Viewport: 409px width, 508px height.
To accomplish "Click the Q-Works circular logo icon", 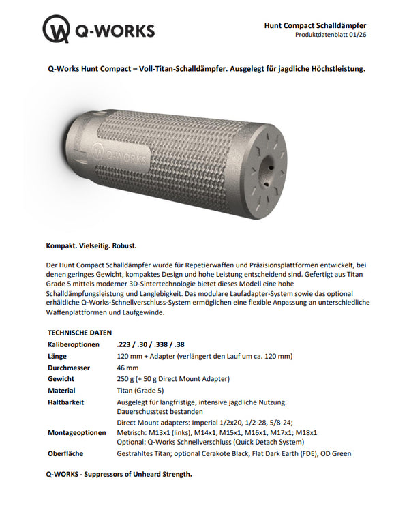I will tap(57, 29).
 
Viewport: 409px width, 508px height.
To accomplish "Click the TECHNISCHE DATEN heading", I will tap(78, 332).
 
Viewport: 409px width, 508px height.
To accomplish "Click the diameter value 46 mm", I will tap(130, 367).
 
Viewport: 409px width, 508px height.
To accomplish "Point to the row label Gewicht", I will tap(61, 378).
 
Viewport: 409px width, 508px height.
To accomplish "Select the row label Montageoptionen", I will tap(77, 432).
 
